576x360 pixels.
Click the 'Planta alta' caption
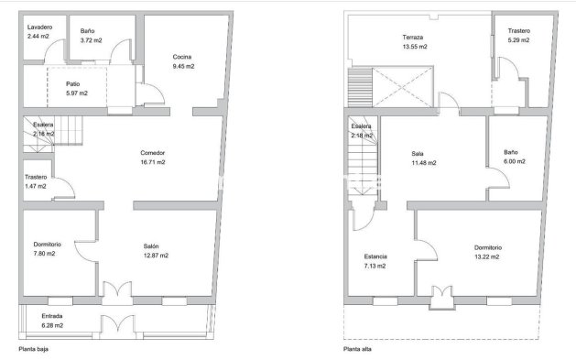pos(357,349)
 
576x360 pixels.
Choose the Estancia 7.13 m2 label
pos(375,261)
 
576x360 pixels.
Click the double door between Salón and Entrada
pos(114,292)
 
